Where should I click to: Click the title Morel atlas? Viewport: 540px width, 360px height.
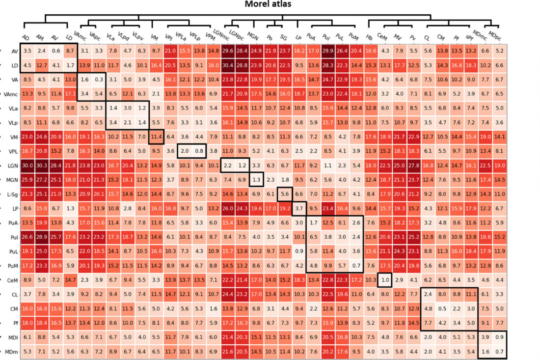pyautogui.click(x=271, y=5)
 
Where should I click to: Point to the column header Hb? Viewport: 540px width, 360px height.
pyautogui.click(x=369, y=37)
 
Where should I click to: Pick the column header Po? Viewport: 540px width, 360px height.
pyautogui.click(x=270, y=37)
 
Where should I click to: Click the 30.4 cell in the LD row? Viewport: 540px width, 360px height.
pyautogui.click(x=227, y=65)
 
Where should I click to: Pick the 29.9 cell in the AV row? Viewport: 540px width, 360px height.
pyautogui.click(x=327, y=51)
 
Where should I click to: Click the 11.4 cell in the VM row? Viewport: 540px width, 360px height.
pyautogui.click(x=156, y=137)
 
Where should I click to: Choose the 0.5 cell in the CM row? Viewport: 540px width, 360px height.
pyautogui.click(x=441, y=309)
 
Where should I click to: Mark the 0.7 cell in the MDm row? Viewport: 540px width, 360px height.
pyautogui.click(x=499, y=352)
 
